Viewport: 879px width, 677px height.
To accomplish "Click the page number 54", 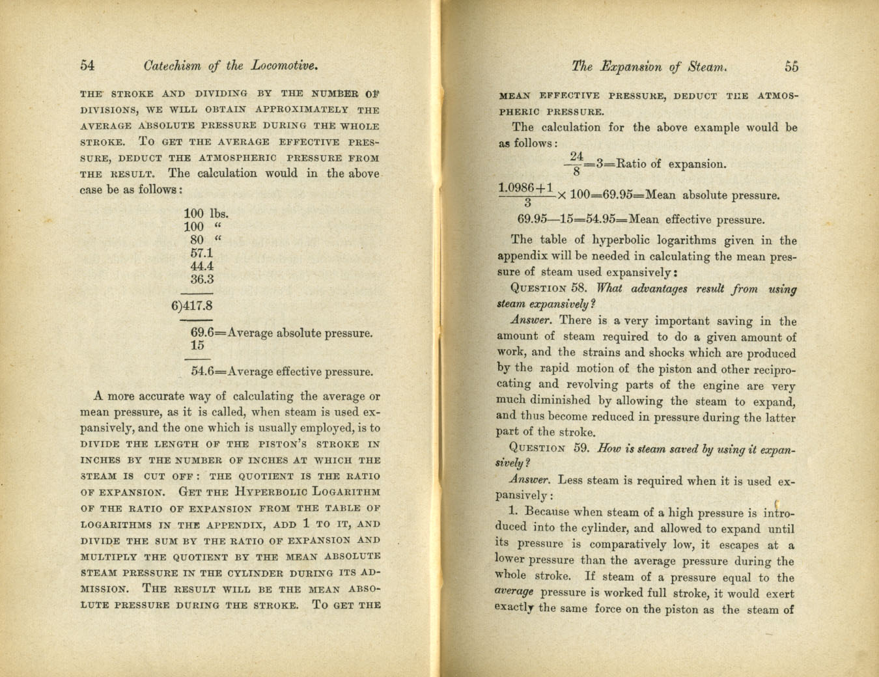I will coord(87,65).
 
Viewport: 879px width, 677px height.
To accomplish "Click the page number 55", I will coord(791,66).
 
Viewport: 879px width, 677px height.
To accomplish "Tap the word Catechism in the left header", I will coord(172,66).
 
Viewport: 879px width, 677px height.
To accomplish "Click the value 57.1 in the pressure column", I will coord(202,253).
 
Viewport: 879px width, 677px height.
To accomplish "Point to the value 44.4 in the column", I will coord(202,266).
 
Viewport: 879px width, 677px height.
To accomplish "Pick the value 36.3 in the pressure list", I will coord(202,279).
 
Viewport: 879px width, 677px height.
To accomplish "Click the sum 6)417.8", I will coord(192,305).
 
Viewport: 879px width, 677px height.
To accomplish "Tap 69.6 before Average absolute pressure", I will coord(202,333).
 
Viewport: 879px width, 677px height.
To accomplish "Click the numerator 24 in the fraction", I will coord(576,156).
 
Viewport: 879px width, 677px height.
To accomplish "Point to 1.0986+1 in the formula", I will coord(525,187).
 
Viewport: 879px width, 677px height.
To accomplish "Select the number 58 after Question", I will coord(578,288).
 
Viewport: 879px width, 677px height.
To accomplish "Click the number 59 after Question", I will coord(581,448).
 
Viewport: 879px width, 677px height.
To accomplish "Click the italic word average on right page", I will coord(514,592).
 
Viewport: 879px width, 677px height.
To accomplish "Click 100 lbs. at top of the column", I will coord(206,214).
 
